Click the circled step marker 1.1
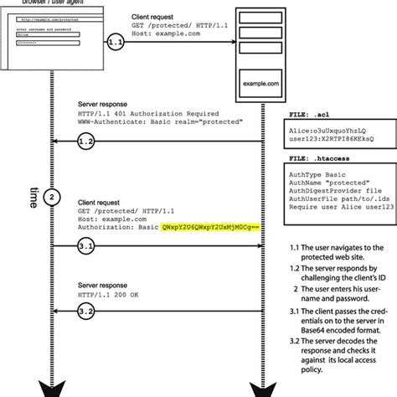117,39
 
